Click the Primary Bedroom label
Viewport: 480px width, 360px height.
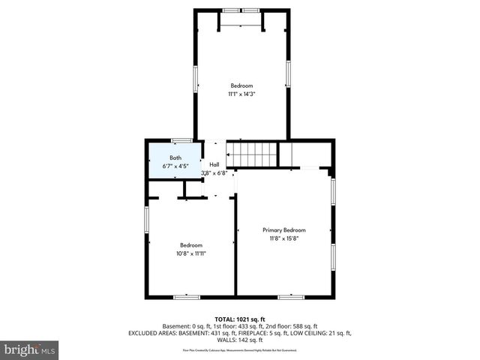pyautogui.click(x=283, y=229)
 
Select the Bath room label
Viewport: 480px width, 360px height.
pyautogui.click(x=175, y=157)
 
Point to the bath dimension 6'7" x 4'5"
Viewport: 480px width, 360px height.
pyautogui.click(x=175, y=166)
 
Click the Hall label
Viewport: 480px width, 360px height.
pyautogui.click(x=214, y=164)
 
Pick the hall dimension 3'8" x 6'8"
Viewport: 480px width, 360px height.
pyautogui.click(x=214, y=173)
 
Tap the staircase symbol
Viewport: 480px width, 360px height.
pyautogui.click(x=253, y=156)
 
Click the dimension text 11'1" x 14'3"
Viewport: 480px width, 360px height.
pyautogui.click(x=241, y=94)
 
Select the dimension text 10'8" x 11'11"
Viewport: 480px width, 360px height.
pyautogui.click(x=190, y=253)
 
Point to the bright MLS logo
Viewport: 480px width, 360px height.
pyautogui.click(x=30, y=349)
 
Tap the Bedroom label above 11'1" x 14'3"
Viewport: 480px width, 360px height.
pyautogui.click(x=241, y=85)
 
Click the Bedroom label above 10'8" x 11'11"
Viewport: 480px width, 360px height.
pyautogui.click(x=190, y=244)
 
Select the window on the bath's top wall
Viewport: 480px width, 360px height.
pyautogui.click(x=181, y=140)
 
